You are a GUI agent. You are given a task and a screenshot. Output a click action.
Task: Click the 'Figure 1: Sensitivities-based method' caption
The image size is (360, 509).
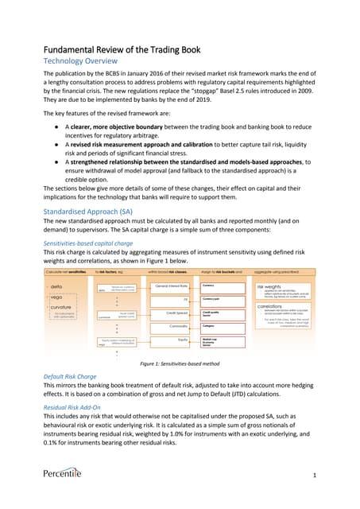click(180, 363)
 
